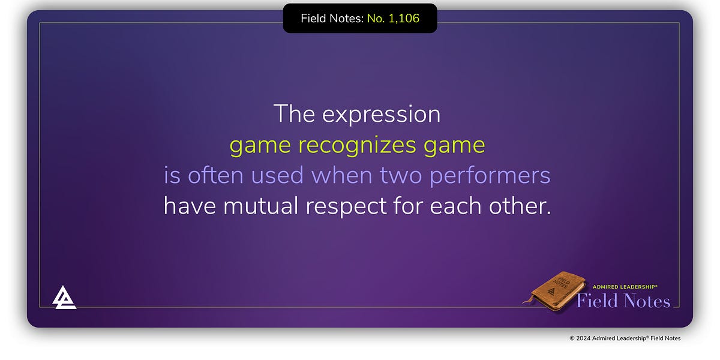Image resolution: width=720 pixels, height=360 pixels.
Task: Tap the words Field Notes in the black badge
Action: point(331,19)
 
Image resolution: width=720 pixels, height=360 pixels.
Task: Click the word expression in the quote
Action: point(381,115)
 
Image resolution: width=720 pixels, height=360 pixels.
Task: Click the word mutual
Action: point(261,206)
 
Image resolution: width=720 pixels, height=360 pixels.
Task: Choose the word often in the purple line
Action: point(215,176)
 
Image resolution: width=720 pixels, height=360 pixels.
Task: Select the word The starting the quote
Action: point(294,115)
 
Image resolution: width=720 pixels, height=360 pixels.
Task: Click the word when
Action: point(341,176)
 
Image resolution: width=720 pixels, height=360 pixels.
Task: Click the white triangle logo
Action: point(64,297)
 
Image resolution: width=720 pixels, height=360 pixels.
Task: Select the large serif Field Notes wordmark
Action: point(623,301)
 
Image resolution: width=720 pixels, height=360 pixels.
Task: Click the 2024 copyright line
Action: point(625,338)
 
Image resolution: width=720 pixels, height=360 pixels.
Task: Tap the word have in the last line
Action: point(190,206)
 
